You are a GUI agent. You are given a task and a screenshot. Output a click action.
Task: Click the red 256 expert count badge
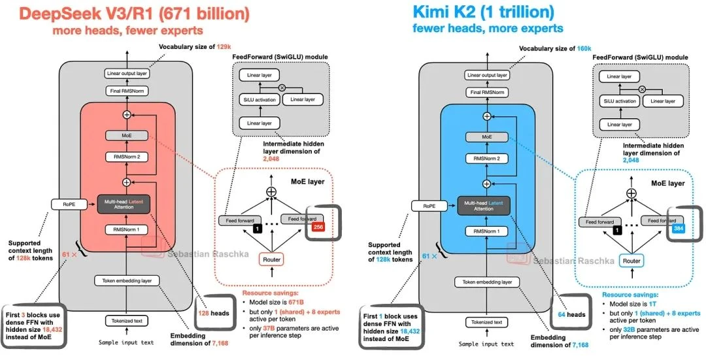318,227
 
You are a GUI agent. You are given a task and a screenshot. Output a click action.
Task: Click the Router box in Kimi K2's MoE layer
631,260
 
